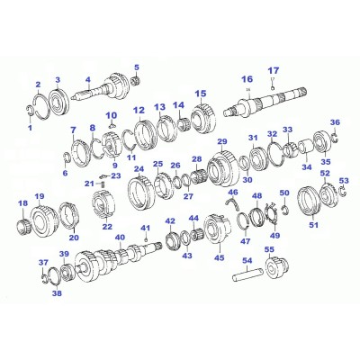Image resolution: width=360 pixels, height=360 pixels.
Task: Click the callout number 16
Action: (247, 79)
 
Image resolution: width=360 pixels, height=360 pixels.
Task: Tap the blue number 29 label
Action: (222, 141)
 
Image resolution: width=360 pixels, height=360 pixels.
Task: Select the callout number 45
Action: (220, 257)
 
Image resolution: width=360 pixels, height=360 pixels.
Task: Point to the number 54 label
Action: (247, 261)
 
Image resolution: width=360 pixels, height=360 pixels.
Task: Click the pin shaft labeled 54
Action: (248, 274)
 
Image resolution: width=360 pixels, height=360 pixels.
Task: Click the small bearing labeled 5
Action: (137, 81)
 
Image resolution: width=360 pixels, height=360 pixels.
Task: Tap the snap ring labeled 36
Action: (335, 138)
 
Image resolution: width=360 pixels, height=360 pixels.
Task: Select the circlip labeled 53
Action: (342, 193)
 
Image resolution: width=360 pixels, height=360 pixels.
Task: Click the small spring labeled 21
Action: (103, 184)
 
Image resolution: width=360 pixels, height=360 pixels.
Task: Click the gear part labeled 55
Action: (277, 269)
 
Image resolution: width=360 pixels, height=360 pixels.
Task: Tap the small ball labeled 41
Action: (146, 239)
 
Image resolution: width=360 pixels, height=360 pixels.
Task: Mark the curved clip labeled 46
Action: (233, 203)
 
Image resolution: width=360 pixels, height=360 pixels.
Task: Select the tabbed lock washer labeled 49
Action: (272, 214)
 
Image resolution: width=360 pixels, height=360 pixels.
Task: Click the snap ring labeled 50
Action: (284, 209)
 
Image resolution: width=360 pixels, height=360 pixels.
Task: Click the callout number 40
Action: (120, 238)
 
